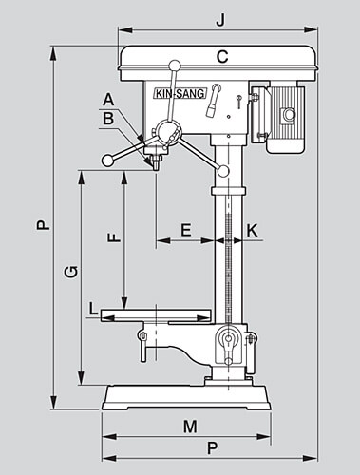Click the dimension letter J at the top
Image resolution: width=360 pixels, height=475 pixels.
(220, 20)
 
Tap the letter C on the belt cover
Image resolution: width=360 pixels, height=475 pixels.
(222, 57)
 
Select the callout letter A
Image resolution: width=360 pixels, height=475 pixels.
(108, 100)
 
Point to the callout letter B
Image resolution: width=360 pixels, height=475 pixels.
(108, 119)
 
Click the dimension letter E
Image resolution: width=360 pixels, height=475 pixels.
(186, 230)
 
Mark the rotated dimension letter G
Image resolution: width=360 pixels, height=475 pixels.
(71, 273)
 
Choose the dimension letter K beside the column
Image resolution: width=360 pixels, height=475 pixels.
(252, 231)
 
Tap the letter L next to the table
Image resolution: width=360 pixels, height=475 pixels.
(93, 309)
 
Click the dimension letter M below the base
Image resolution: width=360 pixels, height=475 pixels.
(190, 427)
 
